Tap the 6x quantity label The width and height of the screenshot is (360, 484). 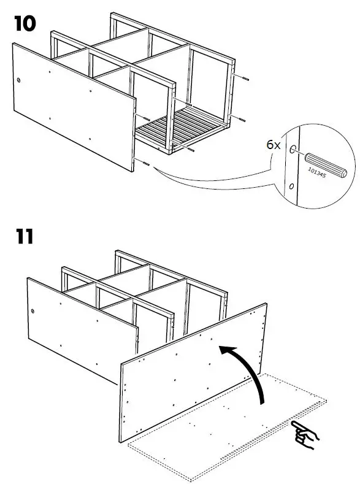[x=274, y=145]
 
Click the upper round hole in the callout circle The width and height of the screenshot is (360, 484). [x=293, y=148]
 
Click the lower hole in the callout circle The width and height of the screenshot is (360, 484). [x=291, y=185]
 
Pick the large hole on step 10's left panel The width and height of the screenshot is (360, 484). [x=20, y=80]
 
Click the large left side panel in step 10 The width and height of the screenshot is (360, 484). [x=74, y=104]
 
